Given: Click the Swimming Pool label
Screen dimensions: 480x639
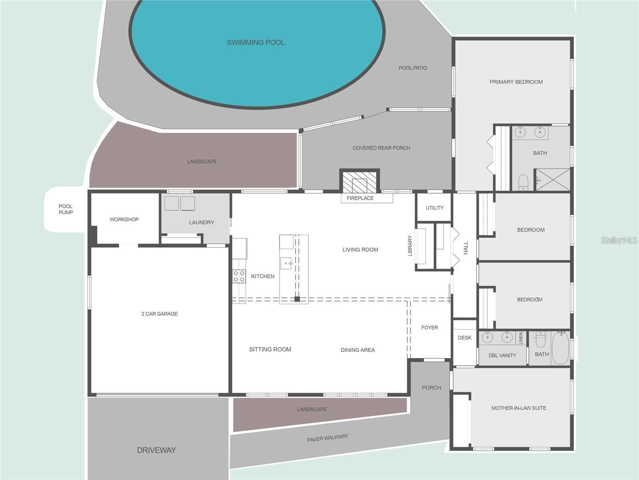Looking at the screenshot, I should point(256,42).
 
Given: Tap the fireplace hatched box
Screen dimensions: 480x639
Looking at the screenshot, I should point(359,182).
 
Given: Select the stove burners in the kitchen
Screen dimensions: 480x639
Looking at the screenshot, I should point(239,276).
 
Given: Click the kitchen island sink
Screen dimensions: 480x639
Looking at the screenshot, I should point(286,264).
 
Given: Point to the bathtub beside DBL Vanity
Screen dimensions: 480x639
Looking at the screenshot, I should point(560,348).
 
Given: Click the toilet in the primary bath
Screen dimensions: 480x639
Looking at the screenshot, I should point(523,182).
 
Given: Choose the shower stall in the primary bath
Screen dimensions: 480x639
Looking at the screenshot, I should point(553,180).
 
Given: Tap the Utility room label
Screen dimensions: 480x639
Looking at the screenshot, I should point(435,208).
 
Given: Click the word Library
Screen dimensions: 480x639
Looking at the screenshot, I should point(410,246).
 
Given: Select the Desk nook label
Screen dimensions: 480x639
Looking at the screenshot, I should point(464,338).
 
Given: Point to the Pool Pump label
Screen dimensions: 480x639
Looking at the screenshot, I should point(66,209).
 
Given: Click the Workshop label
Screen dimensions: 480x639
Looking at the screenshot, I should point(124,219).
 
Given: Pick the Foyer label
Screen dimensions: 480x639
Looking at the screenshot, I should point(430,328).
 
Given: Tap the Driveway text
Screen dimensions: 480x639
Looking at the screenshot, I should point(156,450).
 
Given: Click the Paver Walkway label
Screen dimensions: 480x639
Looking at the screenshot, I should point(327,438).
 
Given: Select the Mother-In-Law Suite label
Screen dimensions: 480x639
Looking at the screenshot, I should point(519,408).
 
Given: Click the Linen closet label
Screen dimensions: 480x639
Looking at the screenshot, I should point(520,338).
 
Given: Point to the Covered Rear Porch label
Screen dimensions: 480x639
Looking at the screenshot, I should point(381,148).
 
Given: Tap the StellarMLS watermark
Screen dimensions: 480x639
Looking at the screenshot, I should point(619,240).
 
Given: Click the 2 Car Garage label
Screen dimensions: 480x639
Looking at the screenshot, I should point(160,314).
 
